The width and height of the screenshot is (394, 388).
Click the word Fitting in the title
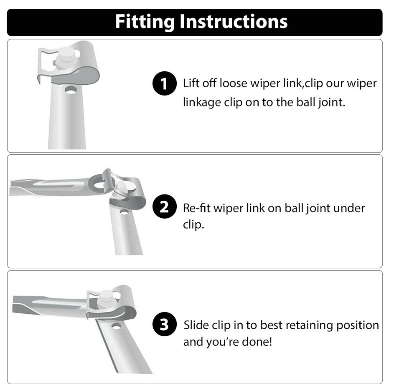point(145,22)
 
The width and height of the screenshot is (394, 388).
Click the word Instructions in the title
point(234,22)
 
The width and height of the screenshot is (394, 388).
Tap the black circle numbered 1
point(164,83)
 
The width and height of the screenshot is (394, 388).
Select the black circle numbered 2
point(164,206)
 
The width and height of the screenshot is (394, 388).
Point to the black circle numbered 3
point(164,324)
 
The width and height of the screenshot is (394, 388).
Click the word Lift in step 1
point(191,83)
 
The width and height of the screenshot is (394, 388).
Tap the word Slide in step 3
point(196,325)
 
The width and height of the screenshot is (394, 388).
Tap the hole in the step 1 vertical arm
point(71,90)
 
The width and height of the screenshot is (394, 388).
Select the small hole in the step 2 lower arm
point(124,212)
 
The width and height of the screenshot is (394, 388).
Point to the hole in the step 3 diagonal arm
point(116,326)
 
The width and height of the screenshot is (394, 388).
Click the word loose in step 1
point(233,83)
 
